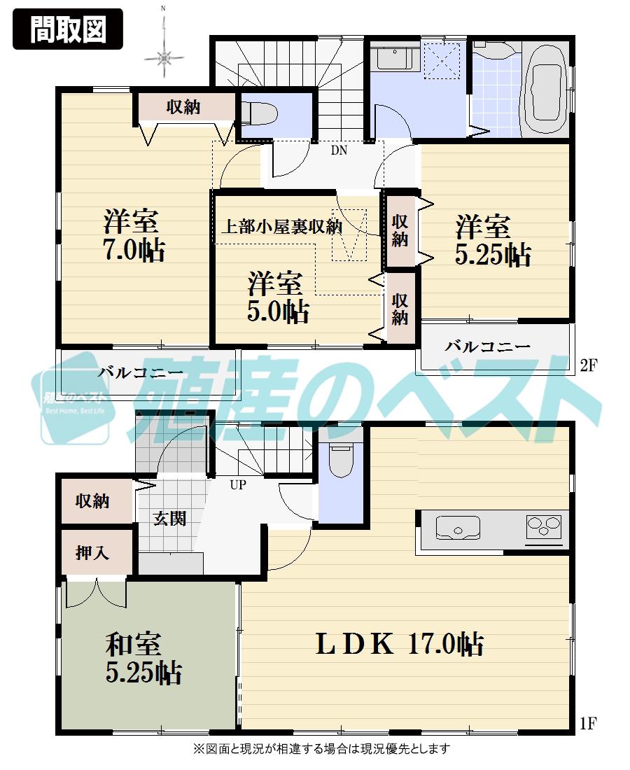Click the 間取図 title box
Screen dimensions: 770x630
pyautogui.click(x=68, y=29)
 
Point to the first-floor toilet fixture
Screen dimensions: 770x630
pyautogui.click(x=341, y=463)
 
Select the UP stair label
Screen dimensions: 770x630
pyautogui.click(x=238, y=484)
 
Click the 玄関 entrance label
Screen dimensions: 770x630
pyautogui.click(x=169, y=519)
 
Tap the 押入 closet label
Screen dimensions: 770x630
pyautogui.click(x=92, y=552)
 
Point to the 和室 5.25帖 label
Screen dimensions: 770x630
pyautogui.click(x=143, y=658)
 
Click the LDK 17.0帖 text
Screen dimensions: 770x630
pyautogui.click(x=400, y=643)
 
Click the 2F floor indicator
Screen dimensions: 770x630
pyautogui.click(x=588, y=365)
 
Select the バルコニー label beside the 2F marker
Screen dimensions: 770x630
pyautogui.click(x=487, y=346)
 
